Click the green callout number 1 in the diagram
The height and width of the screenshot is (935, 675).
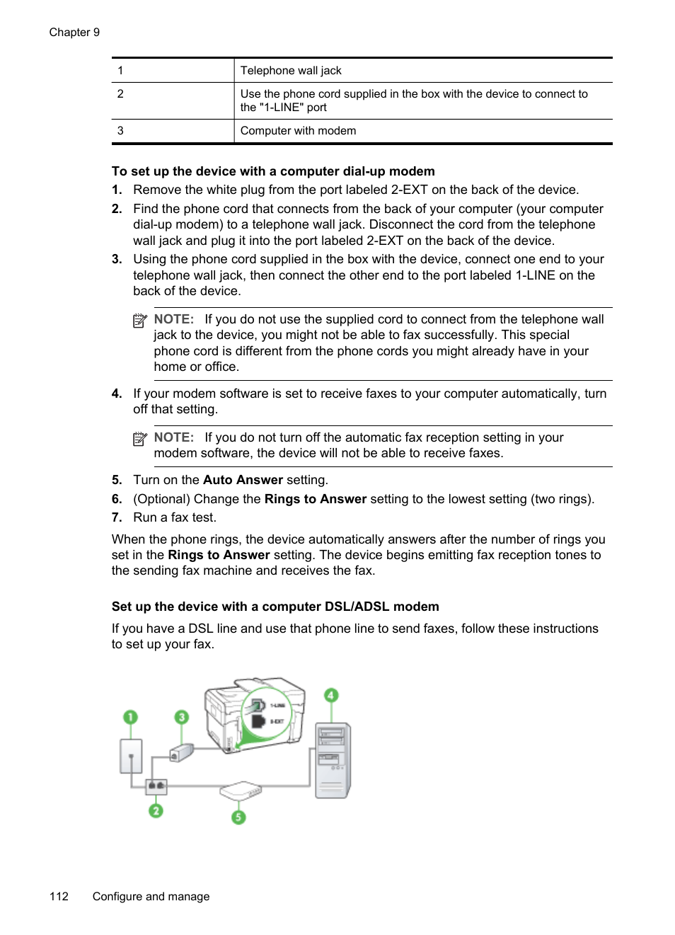click(x=130, y=717)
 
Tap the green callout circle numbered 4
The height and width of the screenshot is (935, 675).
click(x=330, y=695)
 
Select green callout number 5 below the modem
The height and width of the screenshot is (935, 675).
click(x=238, y=817)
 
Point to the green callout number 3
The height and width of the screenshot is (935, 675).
click(x=182, y=717)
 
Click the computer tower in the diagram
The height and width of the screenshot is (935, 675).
click(x=332, y=760)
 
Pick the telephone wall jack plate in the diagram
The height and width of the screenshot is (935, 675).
click(x=131, y=756)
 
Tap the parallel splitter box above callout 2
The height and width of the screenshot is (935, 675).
click(x=156, y=786)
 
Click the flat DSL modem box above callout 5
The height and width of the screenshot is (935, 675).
click(x=241, y=790)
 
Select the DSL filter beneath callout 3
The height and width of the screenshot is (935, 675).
click(x=182, y=752)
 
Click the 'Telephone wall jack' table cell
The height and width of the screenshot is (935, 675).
click(x=291, y=71)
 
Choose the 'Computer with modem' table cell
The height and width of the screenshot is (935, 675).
click(x=298, y=131)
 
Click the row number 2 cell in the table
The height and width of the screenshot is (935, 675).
click(x=120, y=94)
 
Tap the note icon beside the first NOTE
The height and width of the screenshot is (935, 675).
click(x=140, y=321)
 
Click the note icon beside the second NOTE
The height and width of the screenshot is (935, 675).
click(x=140, y=439)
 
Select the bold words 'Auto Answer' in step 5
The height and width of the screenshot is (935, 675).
click(x=243, y=480)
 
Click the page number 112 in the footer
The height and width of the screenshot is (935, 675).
click(x=59, y=896)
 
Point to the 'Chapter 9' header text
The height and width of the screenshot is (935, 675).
click(x=74, y=33)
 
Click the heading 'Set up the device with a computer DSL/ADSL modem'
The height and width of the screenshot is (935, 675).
click(x=275, y=607)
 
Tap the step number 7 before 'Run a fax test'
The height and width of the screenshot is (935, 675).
click(x=117, y=517)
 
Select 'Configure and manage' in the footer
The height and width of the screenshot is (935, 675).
click(x=151, y=896)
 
